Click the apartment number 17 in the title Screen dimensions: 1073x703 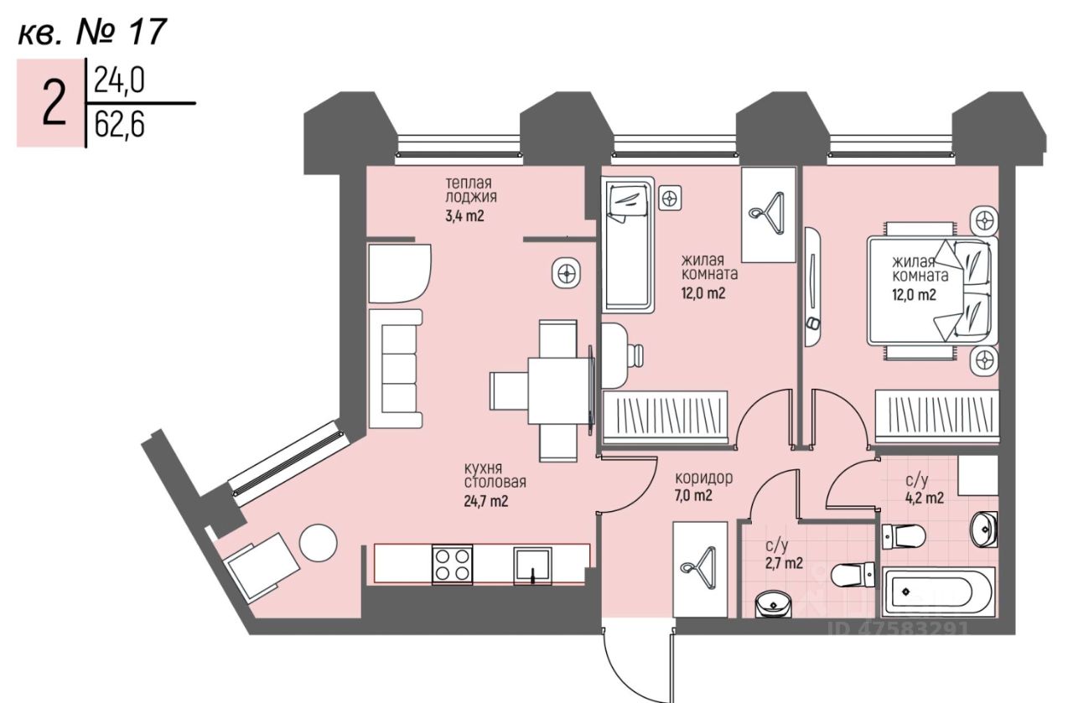pos(147,32)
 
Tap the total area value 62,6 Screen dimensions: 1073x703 pos(120,126)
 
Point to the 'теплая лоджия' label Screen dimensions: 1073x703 pos(469,190)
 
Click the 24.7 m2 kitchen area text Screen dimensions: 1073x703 pos(486,502)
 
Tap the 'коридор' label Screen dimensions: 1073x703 pos(704,478)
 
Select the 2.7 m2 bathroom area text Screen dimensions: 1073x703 pos(783,563)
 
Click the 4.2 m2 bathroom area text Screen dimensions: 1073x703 pos(925,498)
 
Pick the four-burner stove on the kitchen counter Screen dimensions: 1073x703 pos(453,564)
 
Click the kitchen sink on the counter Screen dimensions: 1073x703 pos(532,564)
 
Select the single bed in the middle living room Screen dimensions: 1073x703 pos(628,244)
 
